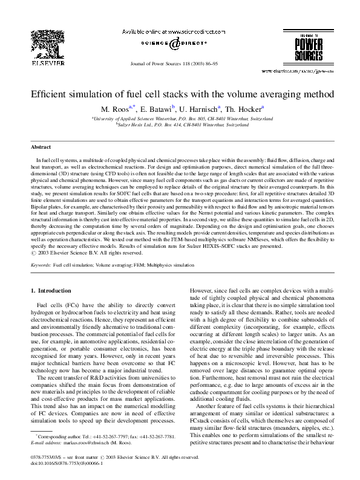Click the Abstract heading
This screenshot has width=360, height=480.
pos(41,146)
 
